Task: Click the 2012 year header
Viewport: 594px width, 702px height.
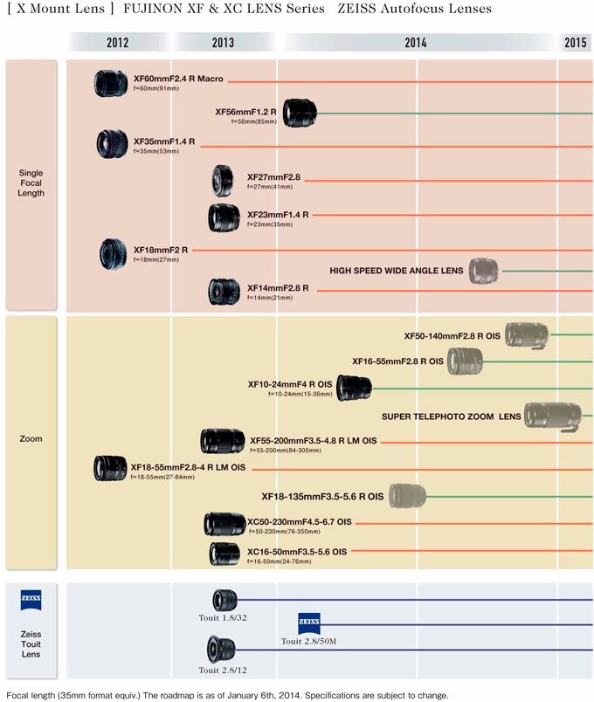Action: (x=118, y=42)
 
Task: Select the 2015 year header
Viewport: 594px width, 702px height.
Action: (x=576, y=42)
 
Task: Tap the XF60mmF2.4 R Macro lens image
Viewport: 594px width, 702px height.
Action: (x=112, y=82)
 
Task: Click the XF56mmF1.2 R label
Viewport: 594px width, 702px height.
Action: (x=245, y=112)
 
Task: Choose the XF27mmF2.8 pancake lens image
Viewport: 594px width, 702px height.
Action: (x=222, y=180)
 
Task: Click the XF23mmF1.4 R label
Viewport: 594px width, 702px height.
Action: (x=277, y=214)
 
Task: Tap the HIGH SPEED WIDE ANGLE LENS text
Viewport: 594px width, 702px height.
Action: (x=396, y=271)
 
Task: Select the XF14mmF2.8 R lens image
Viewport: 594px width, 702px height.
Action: (x=224, y=290)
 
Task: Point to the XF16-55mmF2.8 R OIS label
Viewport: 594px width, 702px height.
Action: (x=397, y=361)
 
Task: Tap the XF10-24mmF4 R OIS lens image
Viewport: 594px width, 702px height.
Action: (x=354, y=386)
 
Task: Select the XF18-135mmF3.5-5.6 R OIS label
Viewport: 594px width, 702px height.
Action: (x=322, y=497)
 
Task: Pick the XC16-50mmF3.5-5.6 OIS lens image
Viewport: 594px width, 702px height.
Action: (x=224, y=554)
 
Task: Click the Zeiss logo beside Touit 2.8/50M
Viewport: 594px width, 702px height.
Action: (x=309, y=623)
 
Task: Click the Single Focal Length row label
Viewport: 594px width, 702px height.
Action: (x=31, y=182)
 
